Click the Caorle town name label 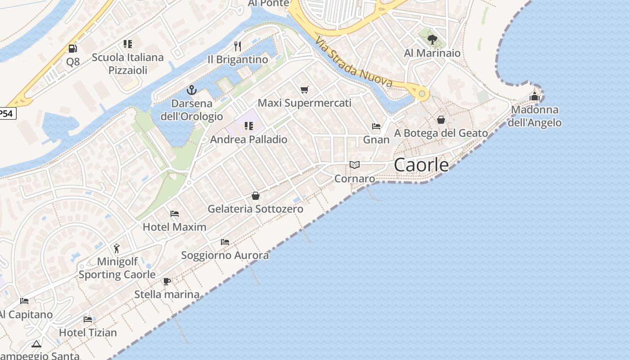pyautogui.click(x=421, y=165)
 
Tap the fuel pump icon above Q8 pyautogui.click(x=72, y=48)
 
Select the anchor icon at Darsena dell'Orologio pyautogui.click(x=192, y=90)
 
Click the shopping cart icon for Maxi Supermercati pyautogui.click(x=305, y=90)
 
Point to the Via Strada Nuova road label pyautogui.click(x=354, y=62)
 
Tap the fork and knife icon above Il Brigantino pyautogui.click(x=238, y=46)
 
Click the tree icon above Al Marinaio pyautogui.click(x=432, y=40)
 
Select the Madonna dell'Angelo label pyautogui.click(x=535, y=116)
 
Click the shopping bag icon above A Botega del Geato pyautogui.click(x=441, y=120)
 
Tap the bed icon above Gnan pyautogui.click(x=376, y=126)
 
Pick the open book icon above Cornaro pyautogui.click(x=355, y=165)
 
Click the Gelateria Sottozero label pyautogui.click(x=255, y=209)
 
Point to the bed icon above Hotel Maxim pyautogui.click(x=175, y=213)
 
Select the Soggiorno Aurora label pyautogui.click(x=225, y=256)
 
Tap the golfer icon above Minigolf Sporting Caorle pyautogui.click(x=117, y=248)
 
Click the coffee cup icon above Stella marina pyautogui.click(x=167, y=281)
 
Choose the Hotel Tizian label pyautogui.click(x=88, y=333)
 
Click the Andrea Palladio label pyautogui.click(x=248, y=139)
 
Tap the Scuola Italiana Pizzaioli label pyautogui.click(x=128, y=64)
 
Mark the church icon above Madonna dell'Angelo pyautogui.click(x=535, y=96)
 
